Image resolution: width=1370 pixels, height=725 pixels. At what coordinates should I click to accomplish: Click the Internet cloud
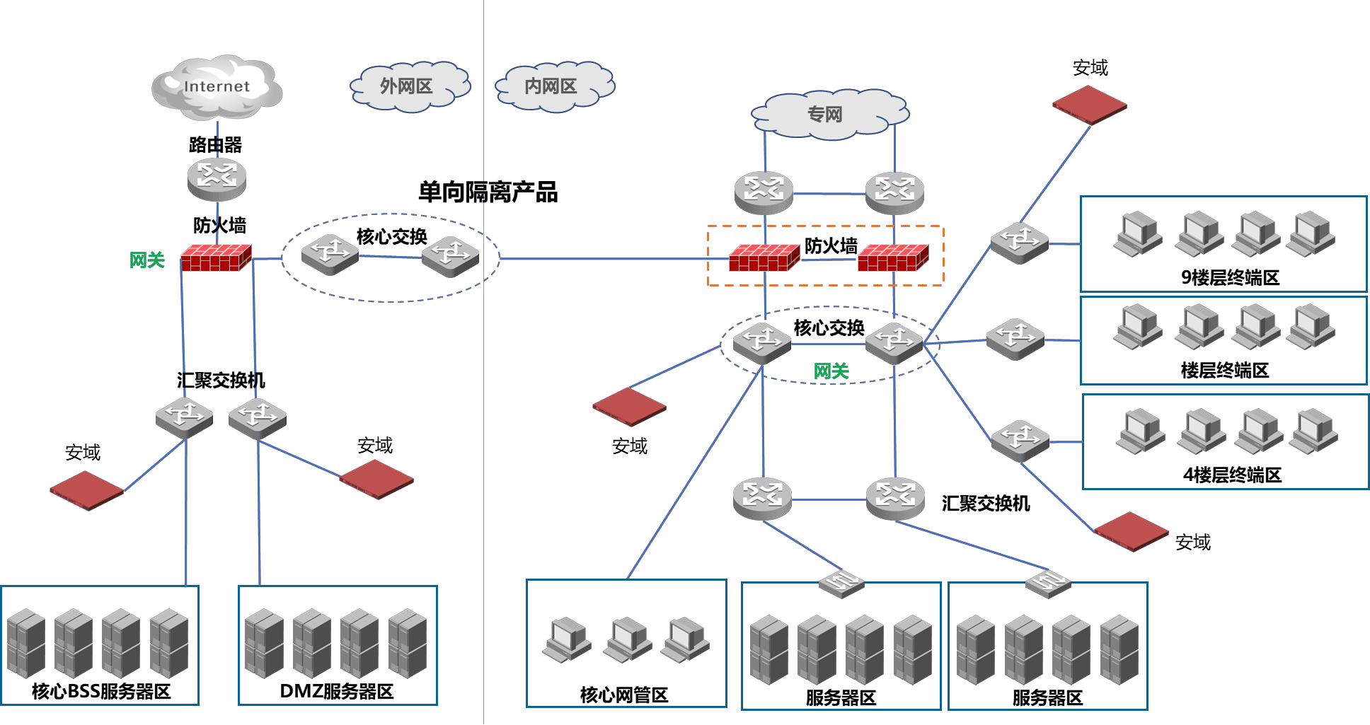[x=217, y=87]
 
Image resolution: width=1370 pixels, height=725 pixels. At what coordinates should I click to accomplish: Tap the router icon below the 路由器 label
[x=217, y=178]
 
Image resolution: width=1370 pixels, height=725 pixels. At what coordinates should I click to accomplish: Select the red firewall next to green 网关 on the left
[x=216, y=258]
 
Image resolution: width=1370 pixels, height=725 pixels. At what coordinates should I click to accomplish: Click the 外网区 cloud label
[x=406, y=86]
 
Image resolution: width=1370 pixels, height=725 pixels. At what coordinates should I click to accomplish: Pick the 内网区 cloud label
[x=551, y=86]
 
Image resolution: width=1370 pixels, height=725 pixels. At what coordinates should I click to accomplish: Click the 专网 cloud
[x=825, y=114]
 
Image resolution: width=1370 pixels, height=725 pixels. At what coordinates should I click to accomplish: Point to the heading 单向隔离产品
[x=488, y=192]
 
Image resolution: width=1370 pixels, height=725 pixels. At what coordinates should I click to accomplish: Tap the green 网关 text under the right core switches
[x=831, y=371]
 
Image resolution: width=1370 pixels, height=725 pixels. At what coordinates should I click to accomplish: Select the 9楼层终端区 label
[x=1230, y=277]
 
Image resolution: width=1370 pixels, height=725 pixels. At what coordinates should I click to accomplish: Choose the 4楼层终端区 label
[x=1232, y=475]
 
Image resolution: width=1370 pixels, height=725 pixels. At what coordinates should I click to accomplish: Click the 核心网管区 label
[x=623, y=695]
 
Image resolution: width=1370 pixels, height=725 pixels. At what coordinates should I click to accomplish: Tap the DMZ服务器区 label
[x=337, y=691]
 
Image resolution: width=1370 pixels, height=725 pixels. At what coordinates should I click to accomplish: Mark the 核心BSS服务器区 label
[x=101, y=691]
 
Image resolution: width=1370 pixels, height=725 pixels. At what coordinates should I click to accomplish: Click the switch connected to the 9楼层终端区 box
[x=1019, y=242]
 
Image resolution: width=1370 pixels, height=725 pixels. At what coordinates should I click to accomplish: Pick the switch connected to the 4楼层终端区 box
[x=1020, y=440]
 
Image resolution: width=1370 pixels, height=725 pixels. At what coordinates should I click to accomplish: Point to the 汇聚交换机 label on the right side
[x=985, y=504]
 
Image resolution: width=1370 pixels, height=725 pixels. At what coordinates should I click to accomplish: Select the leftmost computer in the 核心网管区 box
[x=566, y=639]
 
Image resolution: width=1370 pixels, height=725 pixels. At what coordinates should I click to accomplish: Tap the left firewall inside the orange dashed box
[x=764, y=258]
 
